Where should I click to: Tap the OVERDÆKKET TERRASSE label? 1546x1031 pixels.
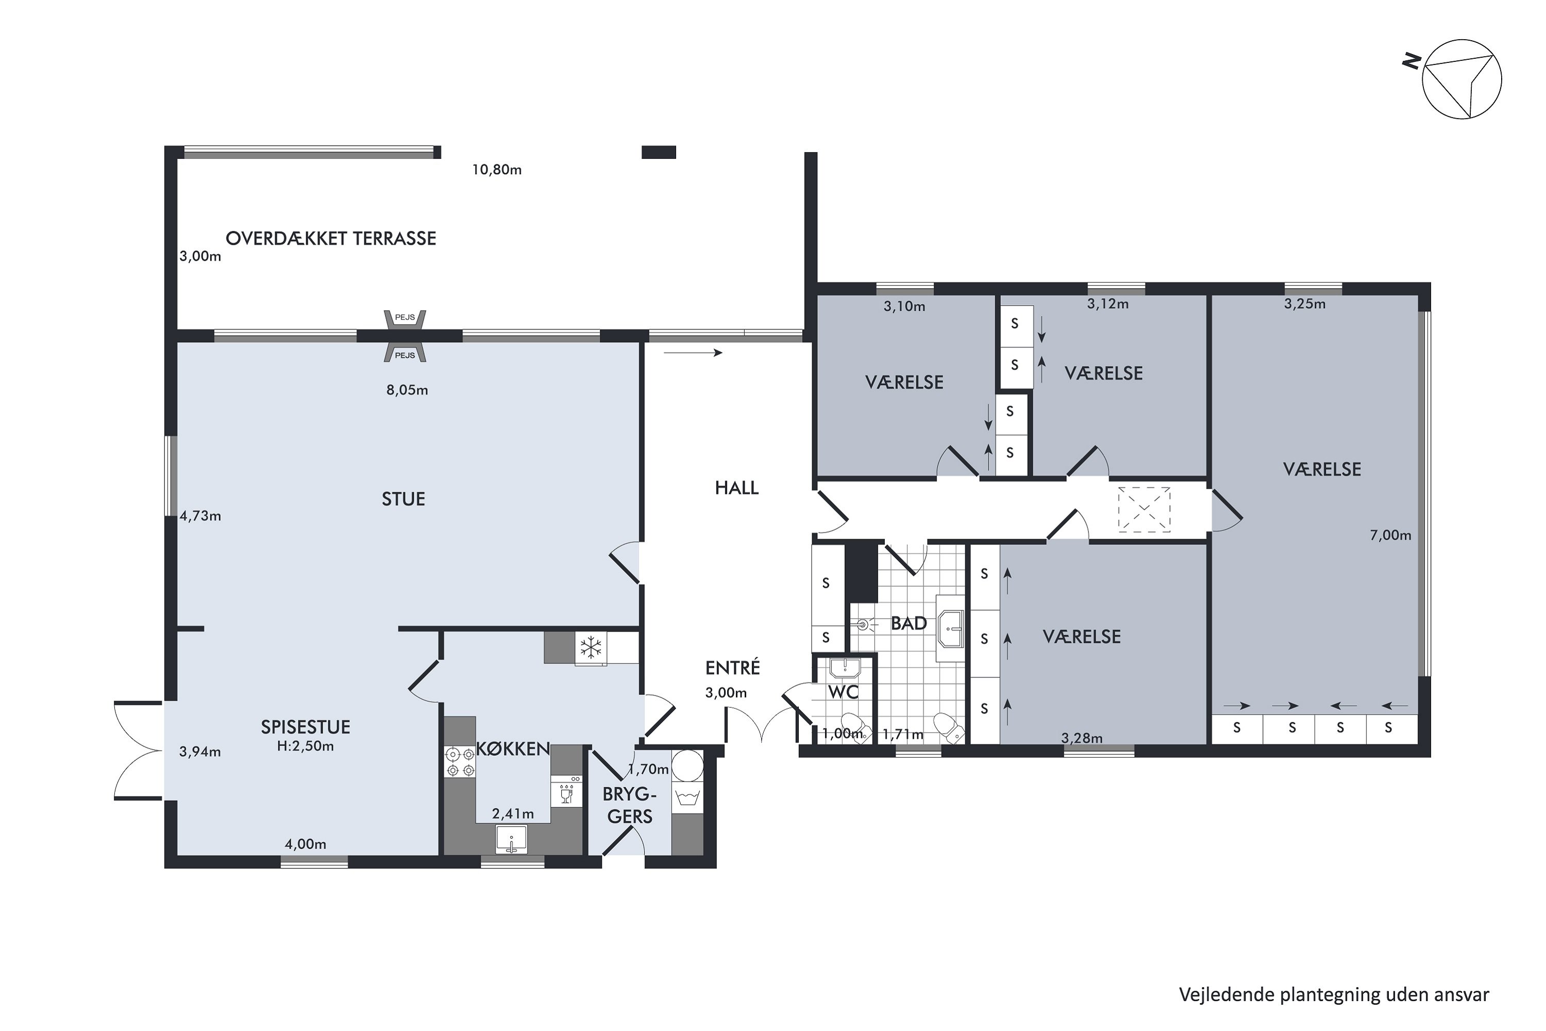pos(331,239)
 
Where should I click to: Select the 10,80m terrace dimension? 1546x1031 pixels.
pos(497,170)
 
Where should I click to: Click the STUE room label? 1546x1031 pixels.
pos(404,499)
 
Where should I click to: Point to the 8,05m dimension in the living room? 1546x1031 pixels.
pos(407,390)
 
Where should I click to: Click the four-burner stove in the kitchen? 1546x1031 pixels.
pos(460,761)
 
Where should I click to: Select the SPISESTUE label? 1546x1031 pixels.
pos(306,726)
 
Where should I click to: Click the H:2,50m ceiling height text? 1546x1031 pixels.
pos(306,746)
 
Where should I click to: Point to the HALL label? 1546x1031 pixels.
pos(737,488)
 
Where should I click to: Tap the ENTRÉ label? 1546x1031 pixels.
pos(732,668)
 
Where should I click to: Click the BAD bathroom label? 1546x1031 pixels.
pos(909,623)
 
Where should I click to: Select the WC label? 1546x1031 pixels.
pos(843,692)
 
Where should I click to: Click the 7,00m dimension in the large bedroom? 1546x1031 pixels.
pos(1390,535)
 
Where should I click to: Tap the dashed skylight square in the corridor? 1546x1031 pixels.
pos(1145,510)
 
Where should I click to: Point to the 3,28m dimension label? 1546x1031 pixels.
pos(1082,738)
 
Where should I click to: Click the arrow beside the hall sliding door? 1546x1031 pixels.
pos(693,353)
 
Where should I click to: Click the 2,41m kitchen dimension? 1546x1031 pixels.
pos(513,814)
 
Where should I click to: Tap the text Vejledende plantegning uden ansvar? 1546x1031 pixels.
pos(1334,995)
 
